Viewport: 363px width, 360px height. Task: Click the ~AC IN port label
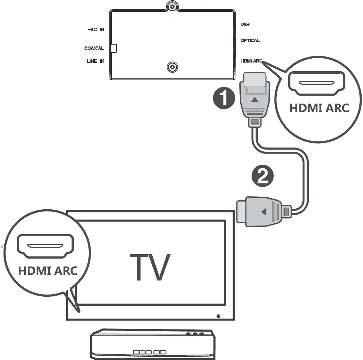point(96,29)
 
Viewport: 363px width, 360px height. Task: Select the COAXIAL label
point(94,48)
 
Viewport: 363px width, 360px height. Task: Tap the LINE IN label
point(96,61)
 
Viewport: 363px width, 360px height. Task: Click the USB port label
point(245,25)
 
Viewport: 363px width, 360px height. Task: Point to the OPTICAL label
point(250,41)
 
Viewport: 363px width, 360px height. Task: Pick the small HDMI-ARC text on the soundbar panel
point(252,61)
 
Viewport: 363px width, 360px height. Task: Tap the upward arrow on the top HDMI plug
point(254,99)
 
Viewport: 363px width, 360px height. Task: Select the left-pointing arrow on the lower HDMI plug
point(263,212)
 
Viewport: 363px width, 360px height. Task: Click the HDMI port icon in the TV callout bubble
point(46,246)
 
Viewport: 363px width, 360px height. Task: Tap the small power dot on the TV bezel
point(219,316)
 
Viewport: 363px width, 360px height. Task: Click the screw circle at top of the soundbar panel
point(173,6)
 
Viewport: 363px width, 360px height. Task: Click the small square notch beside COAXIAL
point(114,48)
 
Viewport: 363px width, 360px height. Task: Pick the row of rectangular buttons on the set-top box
point(150,352)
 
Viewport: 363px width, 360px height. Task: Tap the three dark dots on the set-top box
point(194,334)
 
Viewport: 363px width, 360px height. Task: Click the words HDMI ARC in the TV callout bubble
point(48,270)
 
